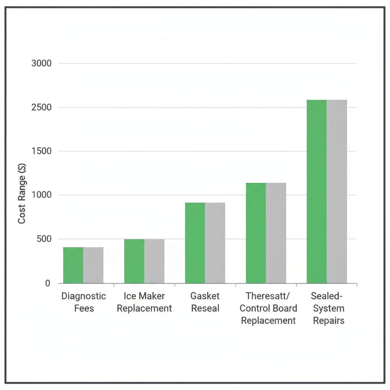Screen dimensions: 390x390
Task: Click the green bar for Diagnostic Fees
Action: click(73, 265)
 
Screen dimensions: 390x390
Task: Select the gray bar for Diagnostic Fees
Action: click(93, 265)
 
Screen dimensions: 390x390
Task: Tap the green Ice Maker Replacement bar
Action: click(134, 261)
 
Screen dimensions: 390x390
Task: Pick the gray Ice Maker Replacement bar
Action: click(154, 261)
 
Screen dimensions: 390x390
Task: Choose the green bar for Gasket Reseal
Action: click(195, 243)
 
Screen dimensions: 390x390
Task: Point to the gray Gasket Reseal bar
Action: click(215, 243)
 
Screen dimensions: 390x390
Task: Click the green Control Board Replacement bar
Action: click(256, 233)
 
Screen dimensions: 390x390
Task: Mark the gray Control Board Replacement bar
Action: click(276, 233)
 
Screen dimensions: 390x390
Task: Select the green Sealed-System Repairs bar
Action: click(316, 192)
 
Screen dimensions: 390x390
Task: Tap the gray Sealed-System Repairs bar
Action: click(337, 192)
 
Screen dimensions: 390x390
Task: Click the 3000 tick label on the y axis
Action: click(41, 63)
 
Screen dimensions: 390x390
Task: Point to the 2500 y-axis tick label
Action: click(41, 107)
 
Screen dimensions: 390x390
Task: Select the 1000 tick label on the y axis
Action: click(41, 195)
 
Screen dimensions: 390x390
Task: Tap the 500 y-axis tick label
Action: click(43, 239)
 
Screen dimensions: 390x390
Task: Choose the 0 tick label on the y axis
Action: click(48, 283)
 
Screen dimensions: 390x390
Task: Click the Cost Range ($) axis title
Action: click(22, 195)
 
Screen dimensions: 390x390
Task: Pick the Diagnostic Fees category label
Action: click(84, 302)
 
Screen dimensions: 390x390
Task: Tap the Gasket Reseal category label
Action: click(205, 302)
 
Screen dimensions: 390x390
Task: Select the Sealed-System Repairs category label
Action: click(329, 308)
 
